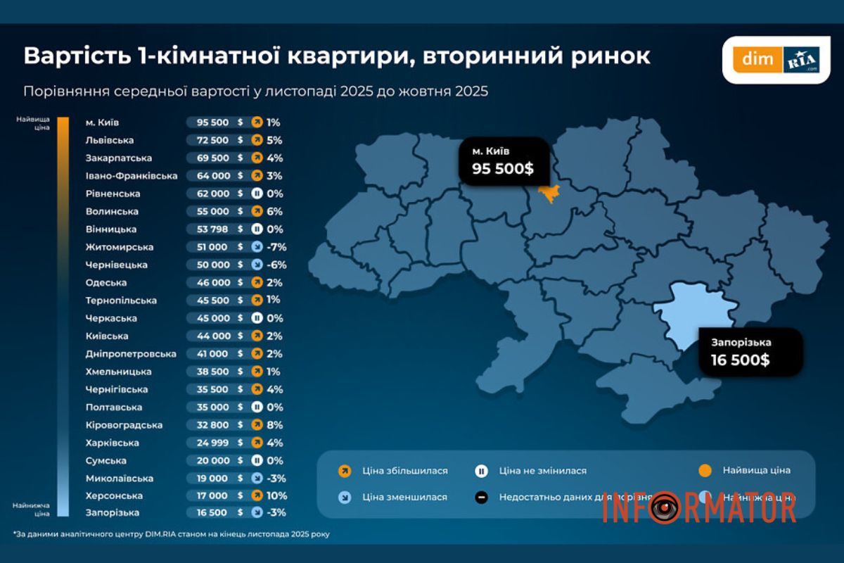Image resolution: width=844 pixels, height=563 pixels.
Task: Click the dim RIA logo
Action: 776,59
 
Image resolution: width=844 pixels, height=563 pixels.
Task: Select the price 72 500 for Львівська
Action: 208,140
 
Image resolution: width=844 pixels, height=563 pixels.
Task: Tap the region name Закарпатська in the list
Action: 118,158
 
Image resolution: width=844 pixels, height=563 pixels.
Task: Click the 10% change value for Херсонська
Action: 277,495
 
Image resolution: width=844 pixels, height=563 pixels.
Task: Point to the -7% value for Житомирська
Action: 277,247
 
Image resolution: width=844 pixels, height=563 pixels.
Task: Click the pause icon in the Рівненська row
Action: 257,194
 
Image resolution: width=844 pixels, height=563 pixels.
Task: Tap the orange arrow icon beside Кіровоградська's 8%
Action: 257,425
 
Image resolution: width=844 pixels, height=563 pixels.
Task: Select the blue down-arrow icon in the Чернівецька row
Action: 257,265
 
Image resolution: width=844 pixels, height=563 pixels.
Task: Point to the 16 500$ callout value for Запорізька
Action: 735,360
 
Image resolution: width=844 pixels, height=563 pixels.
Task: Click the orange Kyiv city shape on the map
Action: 548,191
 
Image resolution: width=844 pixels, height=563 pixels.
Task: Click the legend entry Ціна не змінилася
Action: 542,471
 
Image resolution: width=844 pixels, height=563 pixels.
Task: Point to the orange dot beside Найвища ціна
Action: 707,471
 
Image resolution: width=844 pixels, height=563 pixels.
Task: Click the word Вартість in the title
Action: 73,56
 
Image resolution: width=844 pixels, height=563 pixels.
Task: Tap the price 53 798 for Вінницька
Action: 208,229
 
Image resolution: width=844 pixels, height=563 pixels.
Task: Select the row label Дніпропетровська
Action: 131,354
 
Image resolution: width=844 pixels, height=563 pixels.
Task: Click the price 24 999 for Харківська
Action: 208,443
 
